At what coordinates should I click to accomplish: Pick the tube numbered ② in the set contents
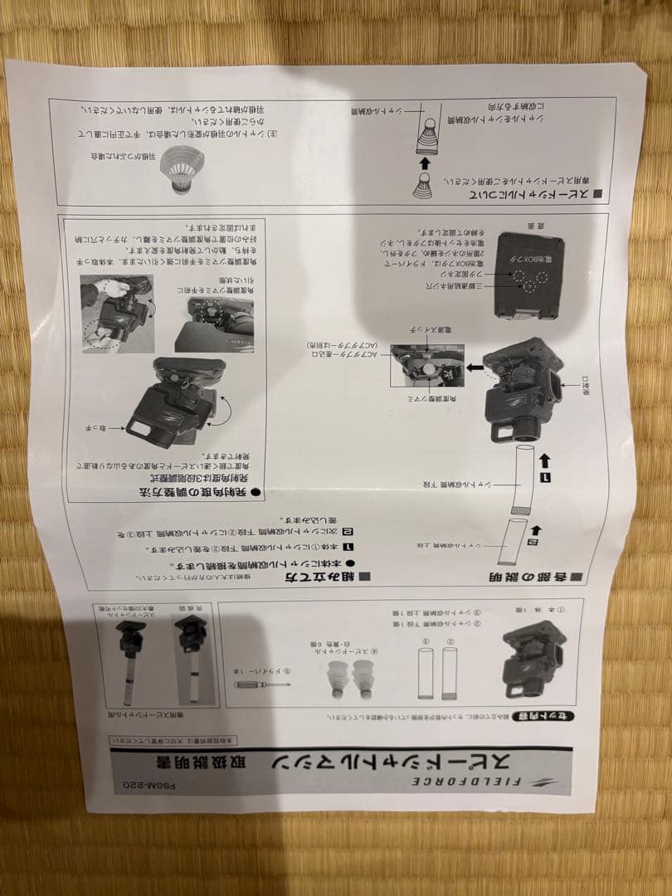point(450,672)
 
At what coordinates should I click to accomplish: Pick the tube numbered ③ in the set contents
point(423,672)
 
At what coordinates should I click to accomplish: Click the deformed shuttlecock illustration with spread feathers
point(182,169)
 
